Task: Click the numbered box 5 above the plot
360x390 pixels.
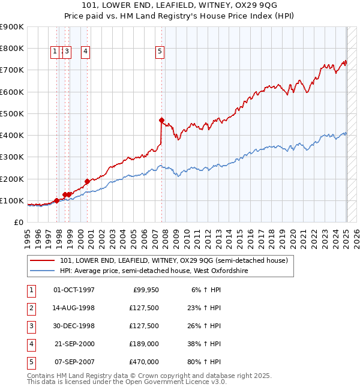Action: (x=160, y=52)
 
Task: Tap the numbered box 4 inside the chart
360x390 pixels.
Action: (x=86, y=52)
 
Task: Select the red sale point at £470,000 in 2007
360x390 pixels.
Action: (x=161, y=120)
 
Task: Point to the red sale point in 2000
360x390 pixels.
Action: (x=87, y=181)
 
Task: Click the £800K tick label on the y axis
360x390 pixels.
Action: (x=12, y=49)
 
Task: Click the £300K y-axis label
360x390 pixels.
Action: (x=12, y=157)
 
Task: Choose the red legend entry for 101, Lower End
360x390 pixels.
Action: (x=174, y=260)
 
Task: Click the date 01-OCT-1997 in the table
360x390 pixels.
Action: (x=74, y=290)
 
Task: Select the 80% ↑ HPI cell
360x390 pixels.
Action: (x=206, y=362)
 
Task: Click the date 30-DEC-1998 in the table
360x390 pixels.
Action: (x=74, y=326)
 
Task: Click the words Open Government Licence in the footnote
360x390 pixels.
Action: (x=173, y=382)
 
